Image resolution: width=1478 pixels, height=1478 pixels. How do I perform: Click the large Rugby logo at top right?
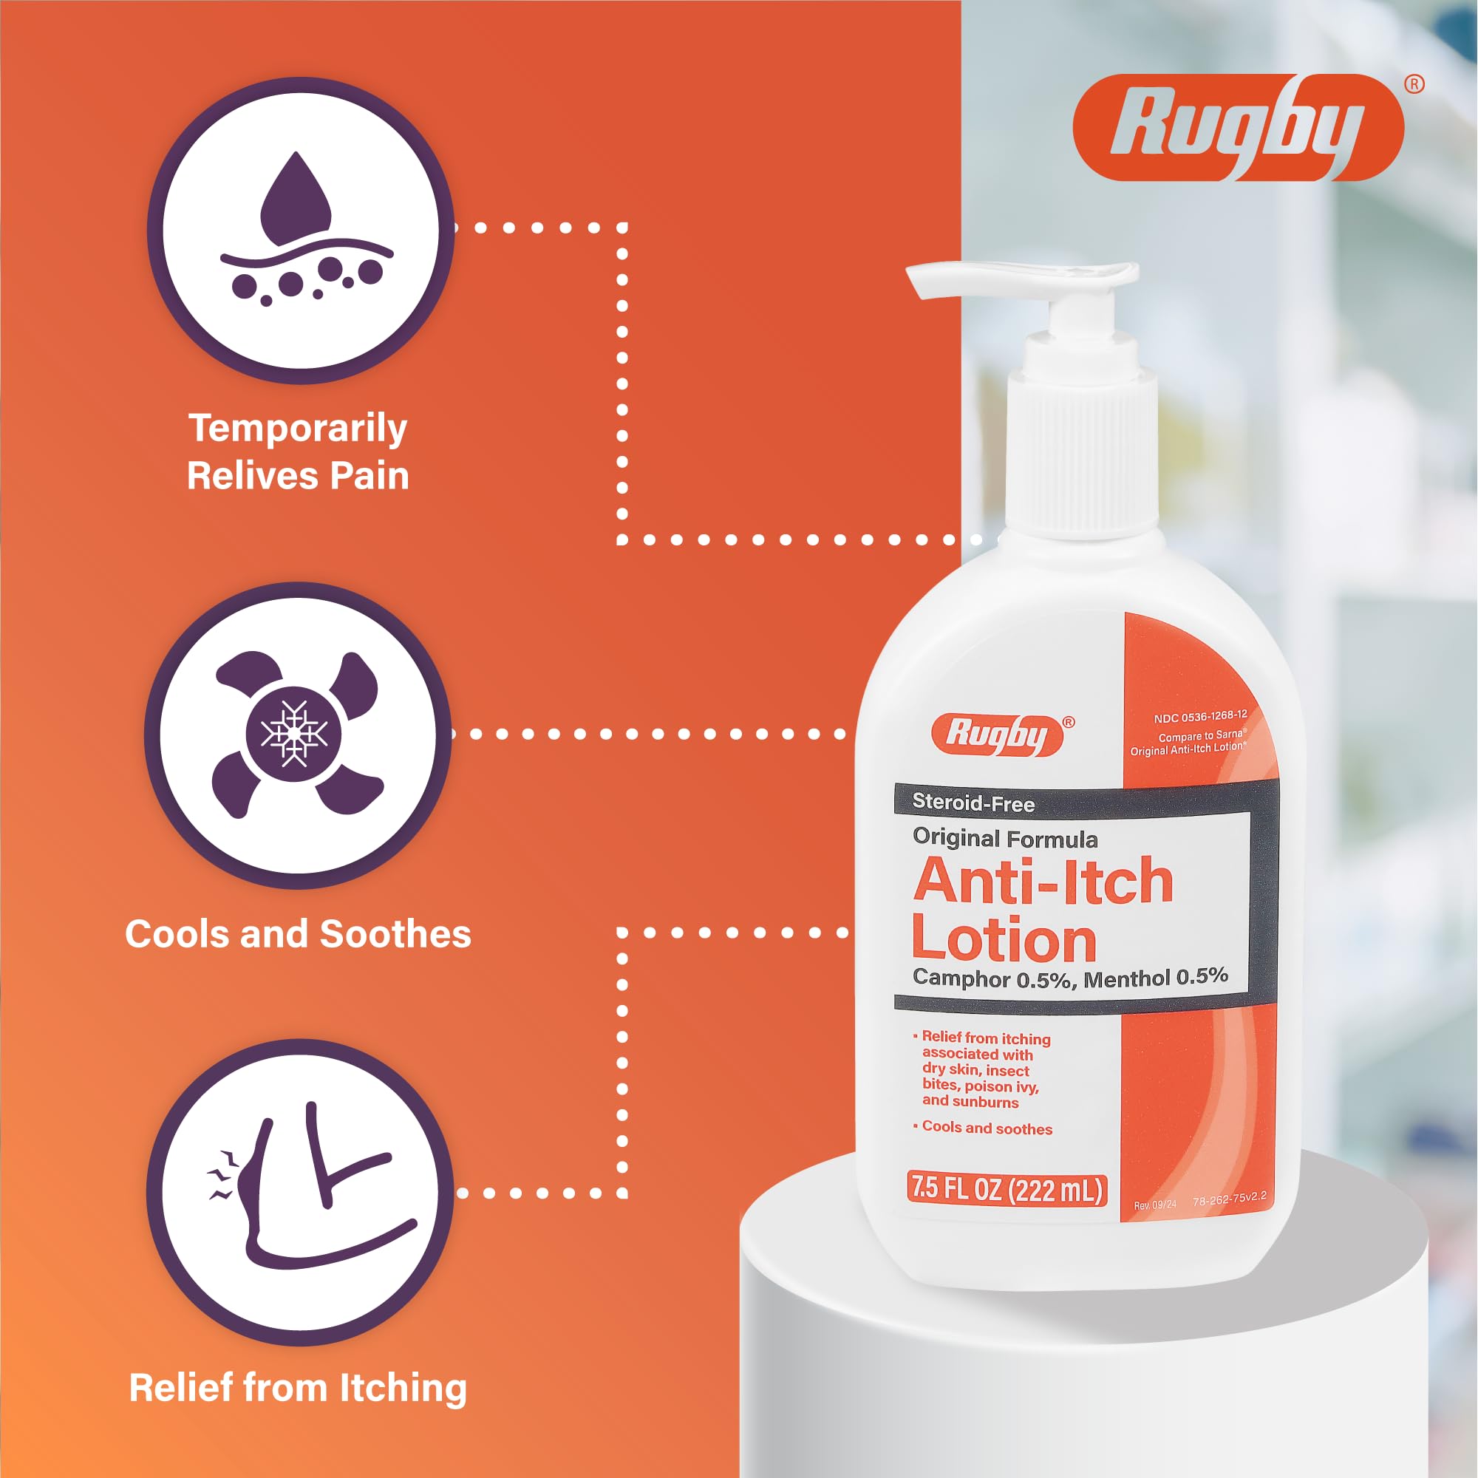(x=1238, y=128)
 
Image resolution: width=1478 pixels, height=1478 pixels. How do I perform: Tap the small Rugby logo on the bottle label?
(x=997, y=735)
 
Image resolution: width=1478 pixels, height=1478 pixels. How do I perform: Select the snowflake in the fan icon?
(x=295, y=733)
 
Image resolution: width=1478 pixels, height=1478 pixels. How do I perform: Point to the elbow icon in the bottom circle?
(x=313, y=1187)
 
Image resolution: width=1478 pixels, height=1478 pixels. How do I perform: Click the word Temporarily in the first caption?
(x=298, y=429)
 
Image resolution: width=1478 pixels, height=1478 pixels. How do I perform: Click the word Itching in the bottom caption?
(x=403, y=1388)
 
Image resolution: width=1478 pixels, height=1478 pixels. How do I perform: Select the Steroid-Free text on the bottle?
(x=973, y=803)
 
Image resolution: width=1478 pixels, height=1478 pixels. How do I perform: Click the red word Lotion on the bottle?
(x=1004, y=939)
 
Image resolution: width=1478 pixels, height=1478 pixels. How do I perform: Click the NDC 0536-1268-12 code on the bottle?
(x=1200, y=716)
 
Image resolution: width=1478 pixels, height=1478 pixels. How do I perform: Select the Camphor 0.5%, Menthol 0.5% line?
(x=1070, y=978)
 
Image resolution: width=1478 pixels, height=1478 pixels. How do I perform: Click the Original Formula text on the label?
(x=1005, y=839)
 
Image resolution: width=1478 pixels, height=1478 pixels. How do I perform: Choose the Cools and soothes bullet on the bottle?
(x=983, y=1128)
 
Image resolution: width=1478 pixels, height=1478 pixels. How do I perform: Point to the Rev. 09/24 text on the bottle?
(x=1155, y=1205)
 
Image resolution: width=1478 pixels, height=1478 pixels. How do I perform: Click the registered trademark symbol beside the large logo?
(x=1414, y=84)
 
